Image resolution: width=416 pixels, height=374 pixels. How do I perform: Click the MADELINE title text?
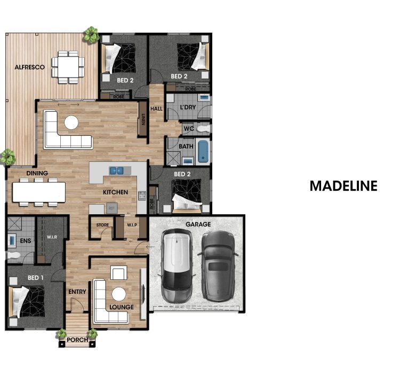click(343, 186)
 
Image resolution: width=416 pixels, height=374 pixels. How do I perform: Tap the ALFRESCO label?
click(30, 67)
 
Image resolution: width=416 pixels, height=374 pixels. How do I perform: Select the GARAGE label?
click(198, 224)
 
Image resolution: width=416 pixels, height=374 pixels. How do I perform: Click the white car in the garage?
click(177, 266)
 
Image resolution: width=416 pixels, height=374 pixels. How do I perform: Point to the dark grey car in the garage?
click(218, 266)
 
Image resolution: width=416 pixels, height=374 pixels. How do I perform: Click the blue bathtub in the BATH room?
click(203, 151)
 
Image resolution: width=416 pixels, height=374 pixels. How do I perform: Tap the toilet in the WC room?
click(204, 129)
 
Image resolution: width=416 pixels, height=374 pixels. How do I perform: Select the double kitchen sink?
click(116, 170)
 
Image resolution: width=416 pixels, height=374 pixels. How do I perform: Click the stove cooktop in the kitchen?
click(142, 196)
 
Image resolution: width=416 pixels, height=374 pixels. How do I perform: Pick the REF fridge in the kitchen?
click(111, 208)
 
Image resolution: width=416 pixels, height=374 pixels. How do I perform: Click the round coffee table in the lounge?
click(118, 294)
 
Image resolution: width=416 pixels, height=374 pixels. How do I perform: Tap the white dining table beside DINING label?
click(39, 192)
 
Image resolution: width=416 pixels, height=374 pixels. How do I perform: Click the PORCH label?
click(77, 340)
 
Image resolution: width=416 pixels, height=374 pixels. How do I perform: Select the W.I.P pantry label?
click(132, 225)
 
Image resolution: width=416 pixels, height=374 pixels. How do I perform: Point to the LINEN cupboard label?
click(143, 119)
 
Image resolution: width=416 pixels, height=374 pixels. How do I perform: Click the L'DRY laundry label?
click(188, 107)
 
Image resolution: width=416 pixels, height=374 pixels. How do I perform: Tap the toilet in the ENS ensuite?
click(13, 256)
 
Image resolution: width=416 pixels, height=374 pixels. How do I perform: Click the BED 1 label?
click(36, 278)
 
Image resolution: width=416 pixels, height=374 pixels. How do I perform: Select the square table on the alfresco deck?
click(68, 67)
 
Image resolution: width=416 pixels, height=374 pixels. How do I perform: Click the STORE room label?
click(102, 225)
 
